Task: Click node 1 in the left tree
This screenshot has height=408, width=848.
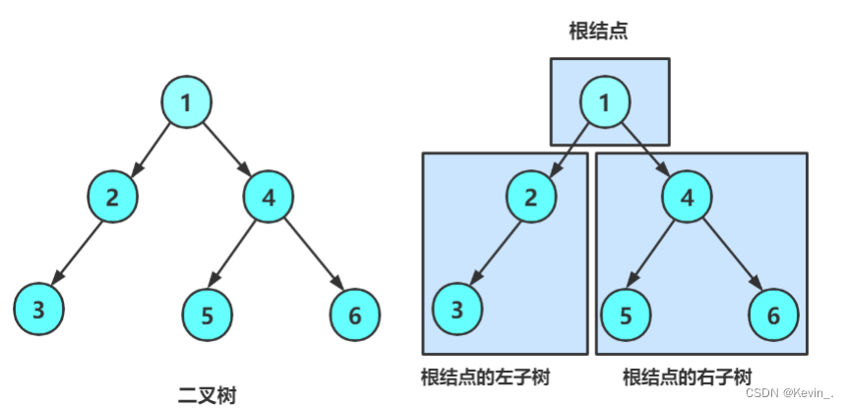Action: [187, 101]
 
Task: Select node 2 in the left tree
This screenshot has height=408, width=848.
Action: [112, 196]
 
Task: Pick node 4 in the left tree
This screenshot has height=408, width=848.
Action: [269, 196]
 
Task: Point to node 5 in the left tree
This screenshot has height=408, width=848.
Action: [208, 315]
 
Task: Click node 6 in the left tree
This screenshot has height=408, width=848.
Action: [354, 315]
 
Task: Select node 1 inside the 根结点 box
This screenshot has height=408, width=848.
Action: [605, 102]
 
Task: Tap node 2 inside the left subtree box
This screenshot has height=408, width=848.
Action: [531, 197]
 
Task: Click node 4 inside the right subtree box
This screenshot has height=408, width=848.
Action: [687, 197]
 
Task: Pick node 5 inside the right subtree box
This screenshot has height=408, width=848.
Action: [626, 315]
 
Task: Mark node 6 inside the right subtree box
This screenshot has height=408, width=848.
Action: [772, 315]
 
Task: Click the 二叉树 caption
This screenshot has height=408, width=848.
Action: [207, 394]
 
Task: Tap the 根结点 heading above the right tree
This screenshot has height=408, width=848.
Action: [598, 31]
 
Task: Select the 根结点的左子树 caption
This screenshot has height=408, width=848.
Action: [485, 377]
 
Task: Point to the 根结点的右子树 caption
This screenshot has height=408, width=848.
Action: [688, 377]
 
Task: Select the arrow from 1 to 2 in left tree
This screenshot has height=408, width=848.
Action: [151, 147]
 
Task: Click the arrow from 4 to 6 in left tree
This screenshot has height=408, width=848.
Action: [313, 256]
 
